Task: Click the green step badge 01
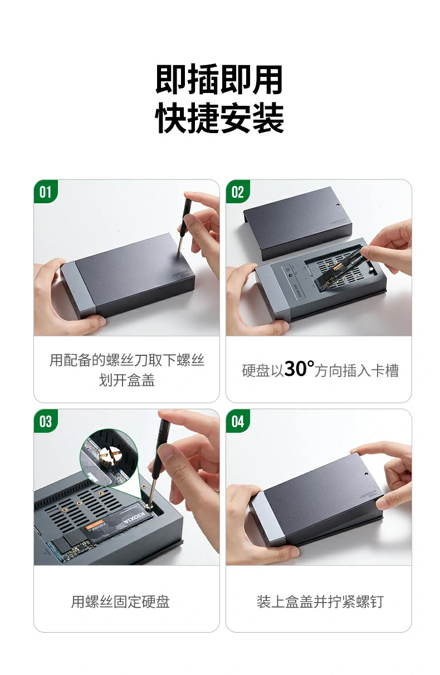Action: pos(46,192)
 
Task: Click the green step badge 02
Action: pos(238,192)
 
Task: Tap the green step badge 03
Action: pos(46,422)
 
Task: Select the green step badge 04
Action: pos(238,422)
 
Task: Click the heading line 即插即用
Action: pos(219,80)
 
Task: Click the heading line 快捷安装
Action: pos(219,118)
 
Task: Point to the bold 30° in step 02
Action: pos(299,369)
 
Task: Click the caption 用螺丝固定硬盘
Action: pos(120,601)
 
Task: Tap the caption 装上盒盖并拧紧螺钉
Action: pos(320,601)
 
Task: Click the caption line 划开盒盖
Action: pos(126,380)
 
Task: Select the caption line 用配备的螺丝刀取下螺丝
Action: pos(126,360)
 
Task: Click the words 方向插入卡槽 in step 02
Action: pos(356,371)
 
